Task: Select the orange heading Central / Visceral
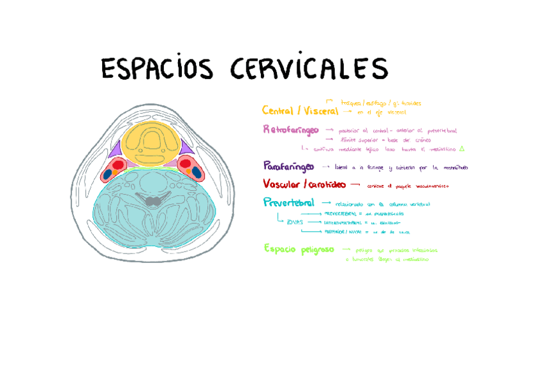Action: pyautogui.click(x=300, y=111)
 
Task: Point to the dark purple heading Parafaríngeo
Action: pyautogui.click(x=288, y=166)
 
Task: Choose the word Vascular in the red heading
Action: pyautogui.click(x=281, y=184)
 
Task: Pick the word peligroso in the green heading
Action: pyautogui.click(x=317, y=249)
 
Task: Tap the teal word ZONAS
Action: pyautogui.click(x=294, y=222)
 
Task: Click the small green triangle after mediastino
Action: pyautogui.click(x=462, y=148)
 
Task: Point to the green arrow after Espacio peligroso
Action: pyautogui.click(x=346, y=249)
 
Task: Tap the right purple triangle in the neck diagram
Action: pyautogui.click(x=185, y=148)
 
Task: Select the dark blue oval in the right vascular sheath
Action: pyautogui.click(x=196, y=172)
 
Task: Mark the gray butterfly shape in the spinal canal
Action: pyautogui.click(x=152, y=201)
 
